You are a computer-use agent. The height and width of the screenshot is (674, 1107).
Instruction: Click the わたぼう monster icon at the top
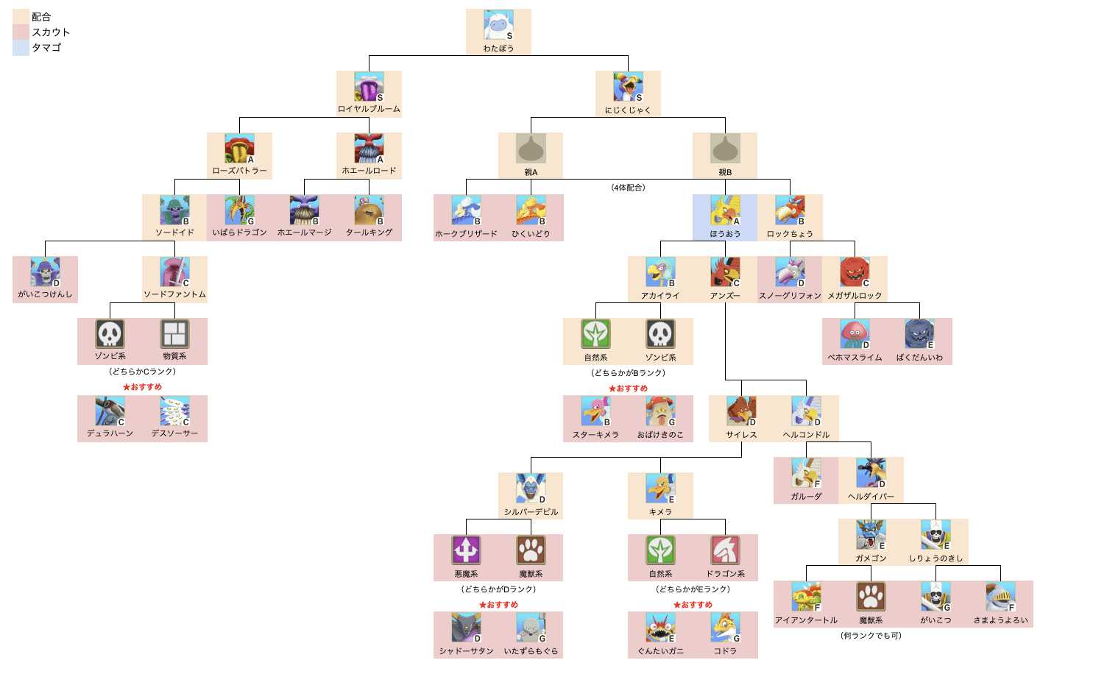[498, 25]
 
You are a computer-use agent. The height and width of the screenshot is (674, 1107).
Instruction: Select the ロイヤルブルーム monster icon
[369, 87]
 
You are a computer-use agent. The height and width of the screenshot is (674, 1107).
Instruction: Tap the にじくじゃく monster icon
[628, 87]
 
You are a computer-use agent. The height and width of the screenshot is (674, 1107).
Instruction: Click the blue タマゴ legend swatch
[21, 48]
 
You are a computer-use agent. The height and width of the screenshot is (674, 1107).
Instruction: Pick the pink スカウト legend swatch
[21, 32]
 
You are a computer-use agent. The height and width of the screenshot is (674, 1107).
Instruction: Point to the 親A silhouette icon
[531, 149]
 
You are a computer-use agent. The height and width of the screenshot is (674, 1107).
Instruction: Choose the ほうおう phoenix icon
[725, 210]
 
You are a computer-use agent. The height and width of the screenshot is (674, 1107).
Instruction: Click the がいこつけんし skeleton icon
[45, 272]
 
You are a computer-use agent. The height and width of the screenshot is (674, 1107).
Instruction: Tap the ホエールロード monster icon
[369, 149]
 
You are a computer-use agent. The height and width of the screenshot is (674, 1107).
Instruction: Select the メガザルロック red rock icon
[855, 272]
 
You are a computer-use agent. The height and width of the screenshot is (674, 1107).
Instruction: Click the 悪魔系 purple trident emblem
[466, 550]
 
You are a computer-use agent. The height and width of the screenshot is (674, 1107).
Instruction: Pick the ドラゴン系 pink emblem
[725, 550]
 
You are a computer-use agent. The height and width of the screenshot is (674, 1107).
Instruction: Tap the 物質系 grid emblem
[174, 333]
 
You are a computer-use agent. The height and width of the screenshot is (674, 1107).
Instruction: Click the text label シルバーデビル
[531, 512]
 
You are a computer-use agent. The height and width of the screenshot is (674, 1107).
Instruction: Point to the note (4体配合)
[628, 188]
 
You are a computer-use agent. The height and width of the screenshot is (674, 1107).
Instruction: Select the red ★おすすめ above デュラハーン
[142, 387]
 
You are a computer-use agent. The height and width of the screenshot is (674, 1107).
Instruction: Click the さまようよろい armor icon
[1000, 597]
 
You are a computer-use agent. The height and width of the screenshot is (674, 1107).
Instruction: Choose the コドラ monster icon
[725, 628]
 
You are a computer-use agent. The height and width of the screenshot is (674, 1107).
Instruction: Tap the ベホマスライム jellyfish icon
[855, 334]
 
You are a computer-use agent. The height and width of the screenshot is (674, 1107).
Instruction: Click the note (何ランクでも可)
[871, 636]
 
